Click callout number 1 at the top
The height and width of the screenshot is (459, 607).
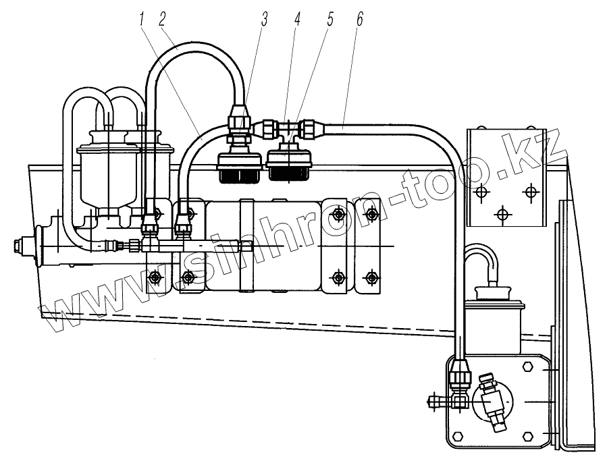point(142,20)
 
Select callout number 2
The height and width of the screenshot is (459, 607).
point(163,20)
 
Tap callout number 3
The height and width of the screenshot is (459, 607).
point(265,20)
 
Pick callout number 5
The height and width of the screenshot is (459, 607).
point(330,20)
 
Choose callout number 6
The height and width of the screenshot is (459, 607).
point(360,20)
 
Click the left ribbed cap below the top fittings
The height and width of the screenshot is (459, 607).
point(238,167)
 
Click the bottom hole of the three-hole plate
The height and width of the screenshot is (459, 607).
point(501,215)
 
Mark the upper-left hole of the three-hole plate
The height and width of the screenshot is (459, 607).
point(481,192)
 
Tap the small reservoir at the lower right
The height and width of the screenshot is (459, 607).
point(499,315)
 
